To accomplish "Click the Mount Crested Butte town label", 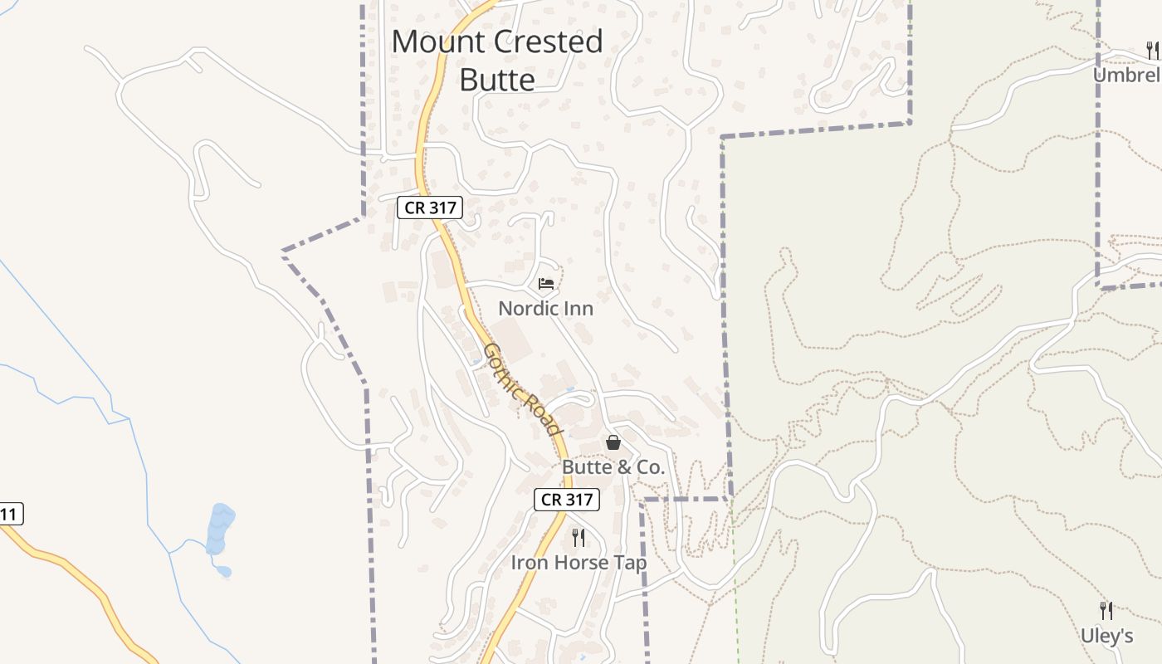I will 497,61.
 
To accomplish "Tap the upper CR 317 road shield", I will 429,207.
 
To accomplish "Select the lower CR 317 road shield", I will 566,499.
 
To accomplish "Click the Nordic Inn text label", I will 545,309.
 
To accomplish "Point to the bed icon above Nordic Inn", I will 545,284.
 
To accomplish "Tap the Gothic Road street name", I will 521,388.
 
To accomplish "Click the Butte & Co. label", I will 613,467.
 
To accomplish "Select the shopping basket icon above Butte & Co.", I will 613,442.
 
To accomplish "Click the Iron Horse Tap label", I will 579,563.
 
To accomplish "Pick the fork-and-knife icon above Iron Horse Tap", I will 579,538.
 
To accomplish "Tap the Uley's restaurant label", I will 1106,637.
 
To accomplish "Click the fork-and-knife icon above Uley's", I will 1106,611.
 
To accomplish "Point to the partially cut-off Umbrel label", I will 1126,76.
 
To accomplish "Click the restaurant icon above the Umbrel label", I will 1152,51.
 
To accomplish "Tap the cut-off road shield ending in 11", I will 10,515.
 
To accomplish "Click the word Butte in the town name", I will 497,81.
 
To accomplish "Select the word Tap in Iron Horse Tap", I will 630,563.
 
